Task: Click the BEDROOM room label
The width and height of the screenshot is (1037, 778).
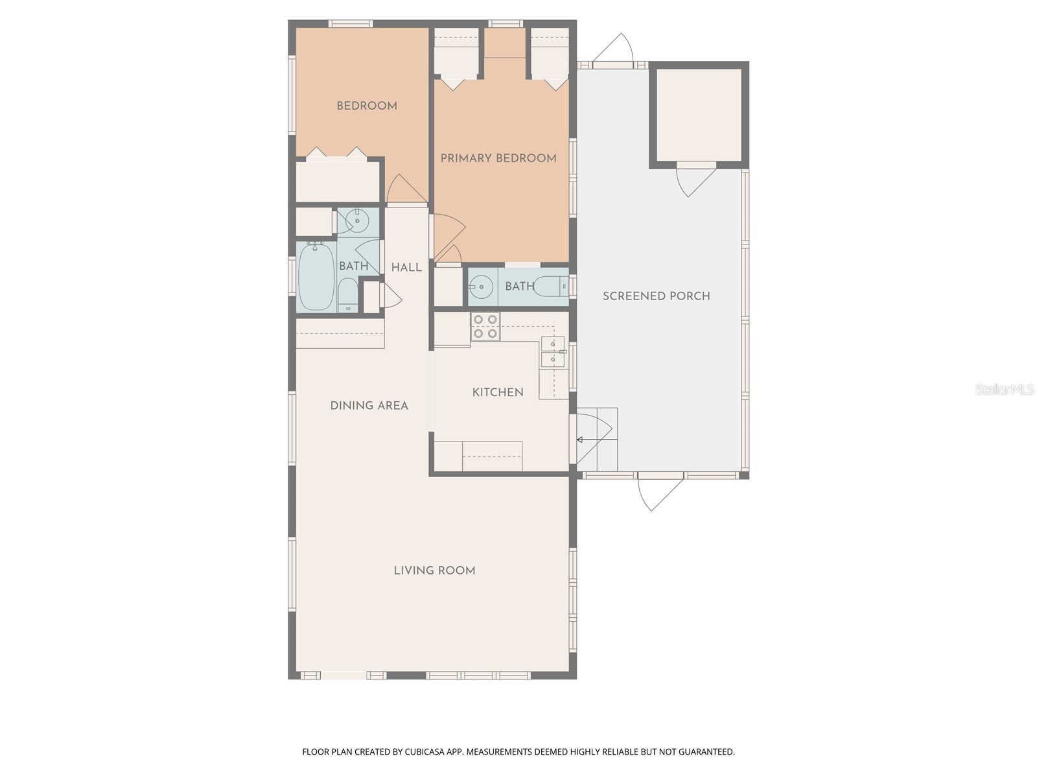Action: pyautogui.click(x=367, y=106)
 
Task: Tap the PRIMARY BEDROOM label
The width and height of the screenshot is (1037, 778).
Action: pyautogui.click(x=498, y=158)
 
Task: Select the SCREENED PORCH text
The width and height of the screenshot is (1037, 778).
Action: pyautogui.click(x=657, y=296)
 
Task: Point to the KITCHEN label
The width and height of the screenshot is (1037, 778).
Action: pyautogui.click(x=498, y=392)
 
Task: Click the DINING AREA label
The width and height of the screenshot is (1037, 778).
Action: pyautogui.click(x=369, y=406)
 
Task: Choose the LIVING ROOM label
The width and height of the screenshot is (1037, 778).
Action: pyautogui.click(x=434, y=571)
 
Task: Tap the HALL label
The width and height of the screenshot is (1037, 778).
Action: pyautogui.click(x=406, y=267)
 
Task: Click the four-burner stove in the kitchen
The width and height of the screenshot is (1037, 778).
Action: pyautogui.click(x=485, y=327)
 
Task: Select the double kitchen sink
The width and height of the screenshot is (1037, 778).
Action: pyautogui.click(x=552, y=351)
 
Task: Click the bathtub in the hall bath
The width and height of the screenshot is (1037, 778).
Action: pyautogui.click(x=316, y=277)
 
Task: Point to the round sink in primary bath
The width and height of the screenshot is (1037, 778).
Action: pyautogui.click(x=481, y=286)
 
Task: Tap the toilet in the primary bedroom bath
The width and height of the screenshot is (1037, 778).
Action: pyautogui.click(x=552, y=286)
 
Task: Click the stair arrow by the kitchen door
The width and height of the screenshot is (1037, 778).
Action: pyautogui.click(x=596, y=440)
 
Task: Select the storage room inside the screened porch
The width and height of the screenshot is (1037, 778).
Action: pyautogui.click(x=699, y=115)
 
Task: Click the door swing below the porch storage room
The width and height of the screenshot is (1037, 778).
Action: pyautogui.click(x=695, y=182)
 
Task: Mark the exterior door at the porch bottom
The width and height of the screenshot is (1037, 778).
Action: pyautogui.click(x=660, y=493)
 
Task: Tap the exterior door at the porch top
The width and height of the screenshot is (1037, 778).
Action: pyautogui.click(x=616, y=49)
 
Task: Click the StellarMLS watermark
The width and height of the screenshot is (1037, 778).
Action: pyautogui.click(x=1004, y=390)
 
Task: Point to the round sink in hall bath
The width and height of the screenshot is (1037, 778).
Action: pyautogui.click(x=357, y=220)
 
